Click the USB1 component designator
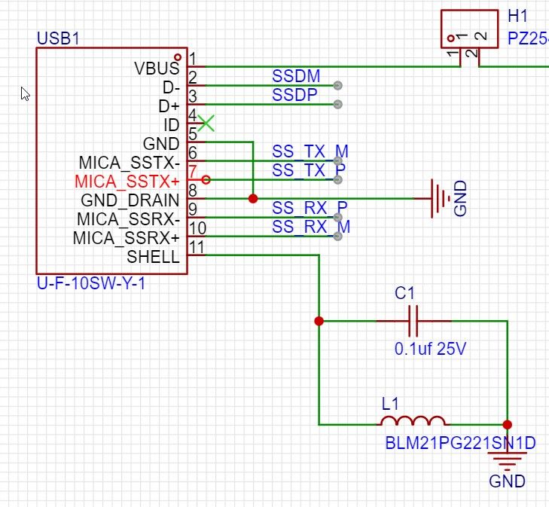(x=57, y=38)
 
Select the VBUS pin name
(x=157, y=69)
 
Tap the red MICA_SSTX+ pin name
(x=127, y=182)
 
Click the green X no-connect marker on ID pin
(x=206, y=123)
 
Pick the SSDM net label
(x=296, y=77)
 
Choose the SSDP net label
(x=295, y=96)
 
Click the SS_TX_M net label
(x=310, y=151)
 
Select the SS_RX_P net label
(x=310, y=208)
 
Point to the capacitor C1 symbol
(x=413, y=321)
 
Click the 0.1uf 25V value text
(x=430, y=350)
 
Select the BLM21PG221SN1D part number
(x=460, y=444)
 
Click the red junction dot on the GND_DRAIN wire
(x=253, y=199)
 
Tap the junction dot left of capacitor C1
(x=319, y=321)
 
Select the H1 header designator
(x=517, y=17)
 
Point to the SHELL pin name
(x=153, y=257)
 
